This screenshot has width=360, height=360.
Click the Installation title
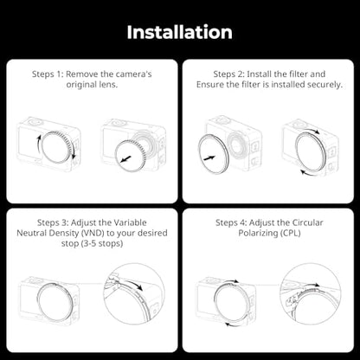coord(180,32)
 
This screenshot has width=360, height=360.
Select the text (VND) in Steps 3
coord(93,233)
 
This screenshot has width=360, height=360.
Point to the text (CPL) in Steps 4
coord(290,233)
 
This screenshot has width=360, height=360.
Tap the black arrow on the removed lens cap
coord(126,159)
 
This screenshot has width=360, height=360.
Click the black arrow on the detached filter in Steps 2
coord(209,157)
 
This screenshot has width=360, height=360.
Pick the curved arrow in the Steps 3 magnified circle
coord(135,284)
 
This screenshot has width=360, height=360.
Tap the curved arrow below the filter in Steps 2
coord(308,173)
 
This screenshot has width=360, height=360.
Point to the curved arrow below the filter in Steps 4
coord(233,325)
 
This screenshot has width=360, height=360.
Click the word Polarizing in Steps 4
coord(257,233)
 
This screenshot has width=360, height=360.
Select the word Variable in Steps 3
coord(130,222)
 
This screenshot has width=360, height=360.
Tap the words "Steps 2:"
coord(229,74)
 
